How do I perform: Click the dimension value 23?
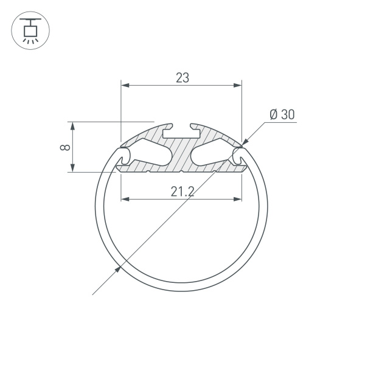click(x=182, y=78)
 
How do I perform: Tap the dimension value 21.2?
click(x=182, y=192)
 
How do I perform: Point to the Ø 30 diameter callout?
click(x=281, y=114)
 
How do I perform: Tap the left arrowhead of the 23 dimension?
click(x=125, y=86)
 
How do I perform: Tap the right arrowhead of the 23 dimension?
click(x=238, y=86)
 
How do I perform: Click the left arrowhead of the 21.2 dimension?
click(x=125, y=198)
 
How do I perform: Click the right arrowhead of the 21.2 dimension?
click(x=238, y=198)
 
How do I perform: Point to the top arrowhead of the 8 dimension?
click(x=73, y=126)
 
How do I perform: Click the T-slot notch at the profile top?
click(x=182, y=129)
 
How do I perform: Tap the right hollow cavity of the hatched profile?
click(x=213, y=153)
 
